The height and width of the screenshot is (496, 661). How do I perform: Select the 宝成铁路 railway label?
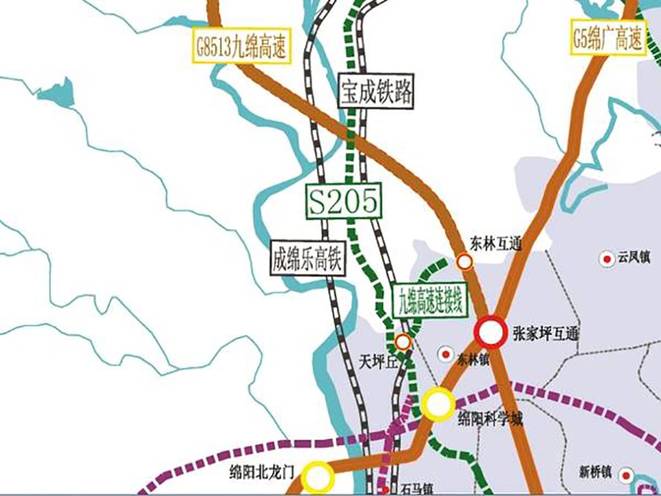377,91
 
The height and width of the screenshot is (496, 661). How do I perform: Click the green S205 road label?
345,202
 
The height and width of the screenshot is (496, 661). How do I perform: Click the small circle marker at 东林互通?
464,261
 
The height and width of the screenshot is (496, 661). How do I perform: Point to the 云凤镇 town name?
633,258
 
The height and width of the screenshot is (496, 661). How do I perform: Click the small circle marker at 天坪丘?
403,342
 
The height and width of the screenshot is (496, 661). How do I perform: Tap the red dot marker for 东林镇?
446,353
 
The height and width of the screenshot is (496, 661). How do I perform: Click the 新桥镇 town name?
596,471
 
